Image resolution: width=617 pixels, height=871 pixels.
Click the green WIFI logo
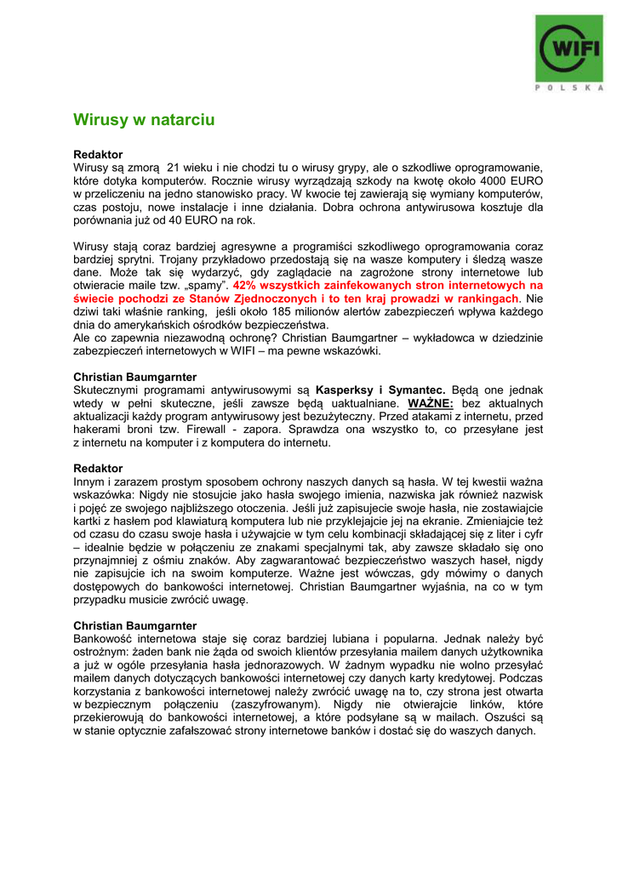coord(569,48)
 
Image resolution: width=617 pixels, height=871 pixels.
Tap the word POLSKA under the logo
coord(569,87)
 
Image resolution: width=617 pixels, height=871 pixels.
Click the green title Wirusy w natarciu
coord(144,120)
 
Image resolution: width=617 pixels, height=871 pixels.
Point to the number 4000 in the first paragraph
coord(479,180)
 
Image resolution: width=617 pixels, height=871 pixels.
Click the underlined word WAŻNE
coord(431,403)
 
